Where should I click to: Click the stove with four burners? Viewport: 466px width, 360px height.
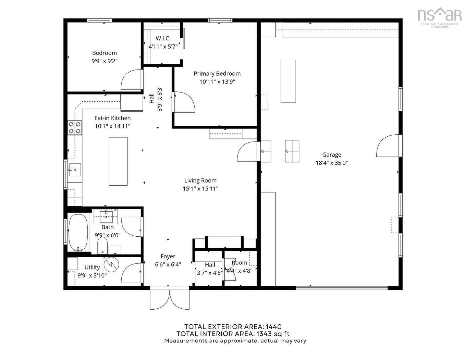click(x=75, y=127)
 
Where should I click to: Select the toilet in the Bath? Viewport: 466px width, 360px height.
click(x=102, y=246)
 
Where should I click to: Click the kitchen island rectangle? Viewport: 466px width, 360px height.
click(x=118, y=161)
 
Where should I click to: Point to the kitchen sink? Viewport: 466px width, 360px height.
click(x=75, y=170)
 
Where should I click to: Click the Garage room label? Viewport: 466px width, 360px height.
click(x=331, y=155)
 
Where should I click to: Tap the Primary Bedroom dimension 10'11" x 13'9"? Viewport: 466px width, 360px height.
click(x=217, y=82)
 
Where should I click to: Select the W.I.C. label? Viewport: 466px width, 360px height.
click(x=163, y=38)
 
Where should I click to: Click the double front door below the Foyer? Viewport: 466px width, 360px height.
click(x=170, y=299)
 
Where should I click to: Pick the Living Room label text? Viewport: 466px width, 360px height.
click(x=200, y=181)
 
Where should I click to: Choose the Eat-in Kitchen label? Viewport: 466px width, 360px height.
click(x=112, y=118)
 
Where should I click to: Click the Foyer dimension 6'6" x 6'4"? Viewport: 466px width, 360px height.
click(x=168, y=264)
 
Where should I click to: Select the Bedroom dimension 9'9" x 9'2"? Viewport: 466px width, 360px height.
click(x=105, y=61)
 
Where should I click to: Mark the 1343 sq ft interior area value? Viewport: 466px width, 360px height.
click(x=272, y=334)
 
